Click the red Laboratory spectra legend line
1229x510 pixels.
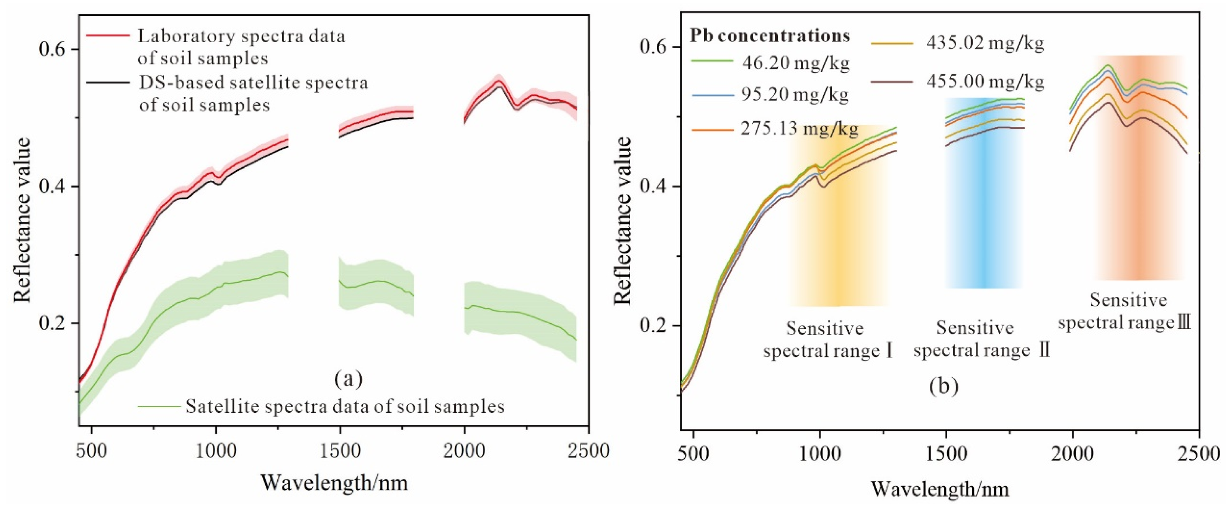[x=108, y=35]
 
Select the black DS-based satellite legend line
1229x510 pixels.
[x=108, y=82]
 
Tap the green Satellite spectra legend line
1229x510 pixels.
[x=160, y=406]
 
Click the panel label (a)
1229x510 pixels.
[x=349, y=379]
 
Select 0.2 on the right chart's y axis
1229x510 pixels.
[x=654, y=326]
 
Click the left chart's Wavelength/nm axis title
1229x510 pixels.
[x=334, y=483]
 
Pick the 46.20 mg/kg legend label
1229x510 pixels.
[x=796, y=63]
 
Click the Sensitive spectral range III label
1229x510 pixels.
[x=1125, y=312]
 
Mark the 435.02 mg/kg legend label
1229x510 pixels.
[x=985, y=43]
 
